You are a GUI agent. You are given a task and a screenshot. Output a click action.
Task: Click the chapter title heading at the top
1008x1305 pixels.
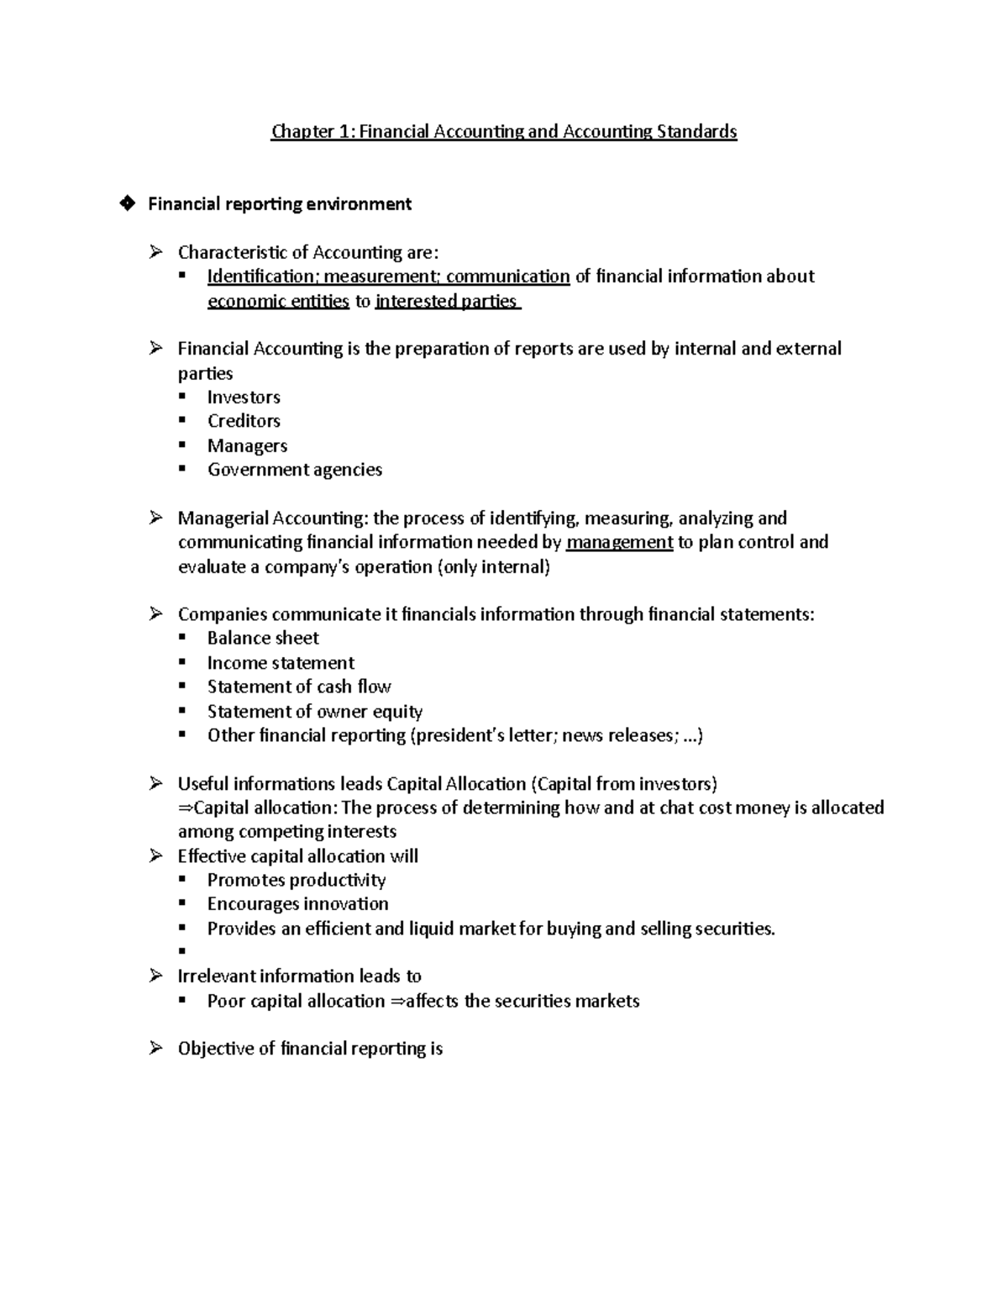coord(503,131)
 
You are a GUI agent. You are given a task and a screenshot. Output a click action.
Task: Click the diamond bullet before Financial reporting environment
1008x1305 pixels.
coord(127,203)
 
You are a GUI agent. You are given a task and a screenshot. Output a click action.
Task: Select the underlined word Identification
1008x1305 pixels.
coord(260,276)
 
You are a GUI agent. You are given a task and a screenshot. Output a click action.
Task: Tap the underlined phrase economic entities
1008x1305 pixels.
coord(278,302)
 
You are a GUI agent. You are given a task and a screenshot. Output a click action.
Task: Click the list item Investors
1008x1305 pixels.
coord(244,397)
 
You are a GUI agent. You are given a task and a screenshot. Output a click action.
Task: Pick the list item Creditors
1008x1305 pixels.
coord(244,421)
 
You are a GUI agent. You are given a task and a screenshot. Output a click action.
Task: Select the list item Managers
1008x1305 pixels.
coord(247,445)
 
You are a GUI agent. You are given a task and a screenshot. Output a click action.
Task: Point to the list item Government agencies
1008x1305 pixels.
coord(294,470)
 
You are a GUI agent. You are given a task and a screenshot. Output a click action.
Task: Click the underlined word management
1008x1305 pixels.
coord(619,542)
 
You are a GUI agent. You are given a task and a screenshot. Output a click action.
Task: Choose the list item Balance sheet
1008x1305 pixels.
coord(263,638)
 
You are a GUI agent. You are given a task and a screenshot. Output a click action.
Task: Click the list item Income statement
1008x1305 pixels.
coord(281,663)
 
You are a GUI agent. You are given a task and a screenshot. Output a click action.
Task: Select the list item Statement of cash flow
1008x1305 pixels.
coord(299,687)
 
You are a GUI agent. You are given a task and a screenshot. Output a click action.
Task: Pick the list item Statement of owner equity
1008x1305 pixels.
coord(314,712)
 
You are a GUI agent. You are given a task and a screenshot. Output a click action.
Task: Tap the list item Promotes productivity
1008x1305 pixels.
coord(297,880)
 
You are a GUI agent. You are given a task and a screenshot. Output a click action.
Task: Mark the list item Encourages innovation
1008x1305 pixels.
coord(297,904)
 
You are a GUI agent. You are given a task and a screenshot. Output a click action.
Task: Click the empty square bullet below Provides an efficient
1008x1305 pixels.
coord(181,952)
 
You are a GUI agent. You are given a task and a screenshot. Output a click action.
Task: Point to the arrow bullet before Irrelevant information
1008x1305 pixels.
coord(155,976)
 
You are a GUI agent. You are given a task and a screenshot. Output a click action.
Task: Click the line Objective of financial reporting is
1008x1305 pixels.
coord(310,1049)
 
